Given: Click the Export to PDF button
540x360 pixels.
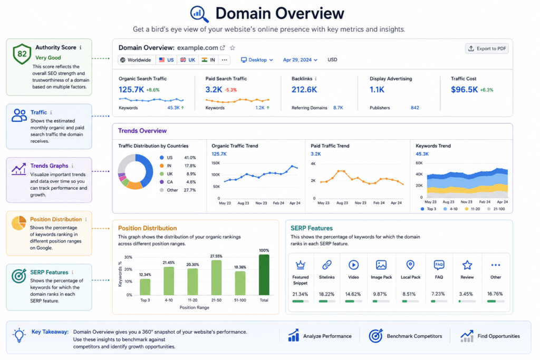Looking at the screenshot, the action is [487, 48].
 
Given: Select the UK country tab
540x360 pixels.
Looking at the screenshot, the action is [188, 60].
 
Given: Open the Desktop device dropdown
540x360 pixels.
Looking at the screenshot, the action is [257, 60].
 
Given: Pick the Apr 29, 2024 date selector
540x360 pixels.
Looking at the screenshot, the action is [300, 60].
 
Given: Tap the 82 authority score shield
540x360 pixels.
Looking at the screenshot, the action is [22, 54].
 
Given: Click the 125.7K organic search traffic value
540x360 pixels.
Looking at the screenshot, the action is [131, 90].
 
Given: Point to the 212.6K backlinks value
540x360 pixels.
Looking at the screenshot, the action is [304, 90].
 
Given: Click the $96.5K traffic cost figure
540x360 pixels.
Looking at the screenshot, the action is [464, 90].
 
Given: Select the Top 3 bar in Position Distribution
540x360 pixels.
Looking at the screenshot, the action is [145, 287].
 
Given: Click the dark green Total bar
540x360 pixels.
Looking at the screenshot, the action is [264, 275].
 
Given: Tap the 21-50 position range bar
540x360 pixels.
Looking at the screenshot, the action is [216, 277].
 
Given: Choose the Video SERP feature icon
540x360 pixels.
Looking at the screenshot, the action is [353, 265].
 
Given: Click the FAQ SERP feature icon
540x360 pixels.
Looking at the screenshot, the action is [439, 265].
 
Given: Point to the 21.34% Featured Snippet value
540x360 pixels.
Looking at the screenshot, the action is [300, 294].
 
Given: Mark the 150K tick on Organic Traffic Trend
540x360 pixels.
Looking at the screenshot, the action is [216, 163].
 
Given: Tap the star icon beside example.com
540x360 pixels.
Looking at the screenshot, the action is [233, 48].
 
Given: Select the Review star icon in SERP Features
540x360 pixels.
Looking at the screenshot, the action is [467, 265].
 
